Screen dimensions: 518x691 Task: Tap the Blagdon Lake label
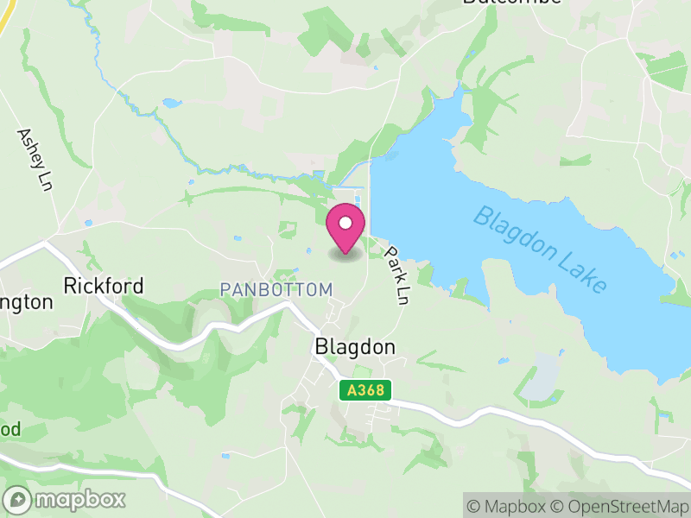click(x=541, y=250)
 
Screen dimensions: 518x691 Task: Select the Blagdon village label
click(x=354, y=347)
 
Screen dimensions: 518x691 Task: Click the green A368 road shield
click(x=365, y=391)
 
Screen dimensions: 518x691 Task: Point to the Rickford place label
click(x=104, y=286)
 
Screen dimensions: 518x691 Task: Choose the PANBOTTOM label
click(x=276, y=290)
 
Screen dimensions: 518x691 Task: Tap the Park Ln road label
click(x=396, y=275)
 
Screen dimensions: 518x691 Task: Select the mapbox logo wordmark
click(x=79, y=499)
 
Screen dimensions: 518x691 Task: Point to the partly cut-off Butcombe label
click(x=511, y=3)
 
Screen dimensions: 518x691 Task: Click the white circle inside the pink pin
click(x=345, y=224)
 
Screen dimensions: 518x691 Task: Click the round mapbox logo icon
click(x=18, y=499)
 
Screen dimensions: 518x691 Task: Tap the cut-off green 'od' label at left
click(x=10, y=429)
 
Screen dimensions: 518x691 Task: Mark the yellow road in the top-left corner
click(x=4, y=19)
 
